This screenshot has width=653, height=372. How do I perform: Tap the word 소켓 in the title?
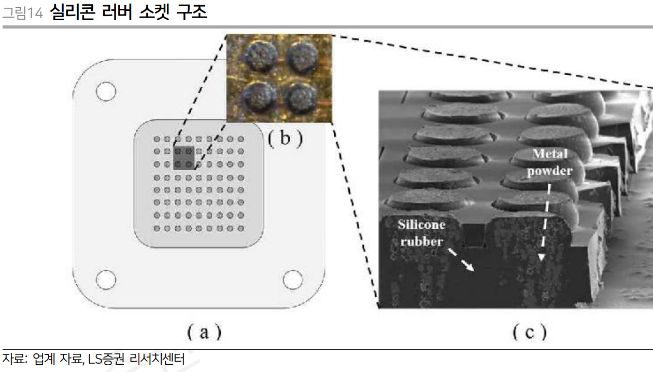pyautogui.click(x=154, y=11)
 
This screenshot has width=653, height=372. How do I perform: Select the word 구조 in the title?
pyautogui.click(x=192, y=11)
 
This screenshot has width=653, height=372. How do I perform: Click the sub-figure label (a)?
pyautogui.click(x=204, y=332)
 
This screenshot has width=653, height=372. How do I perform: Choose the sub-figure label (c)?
pyautogui.click(x=530, y=332)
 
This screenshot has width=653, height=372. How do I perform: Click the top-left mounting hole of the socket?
pyautogui.click(x=106, y=92)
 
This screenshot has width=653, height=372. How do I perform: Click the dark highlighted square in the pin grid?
pyautogui.click(x=183, y=158)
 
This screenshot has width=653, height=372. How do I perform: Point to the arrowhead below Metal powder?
pyautogui.click(x=541, y=256)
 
